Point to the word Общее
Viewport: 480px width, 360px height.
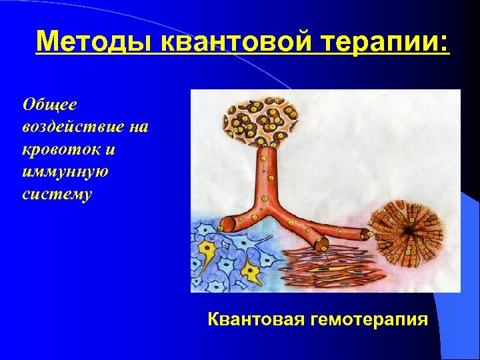50,104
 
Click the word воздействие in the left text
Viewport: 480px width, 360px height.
85,127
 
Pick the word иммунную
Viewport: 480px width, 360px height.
65,171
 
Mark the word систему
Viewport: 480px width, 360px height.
57,194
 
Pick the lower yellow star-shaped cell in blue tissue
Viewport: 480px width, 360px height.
251,271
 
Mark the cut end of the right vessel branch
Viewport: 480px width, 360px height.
366,235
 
